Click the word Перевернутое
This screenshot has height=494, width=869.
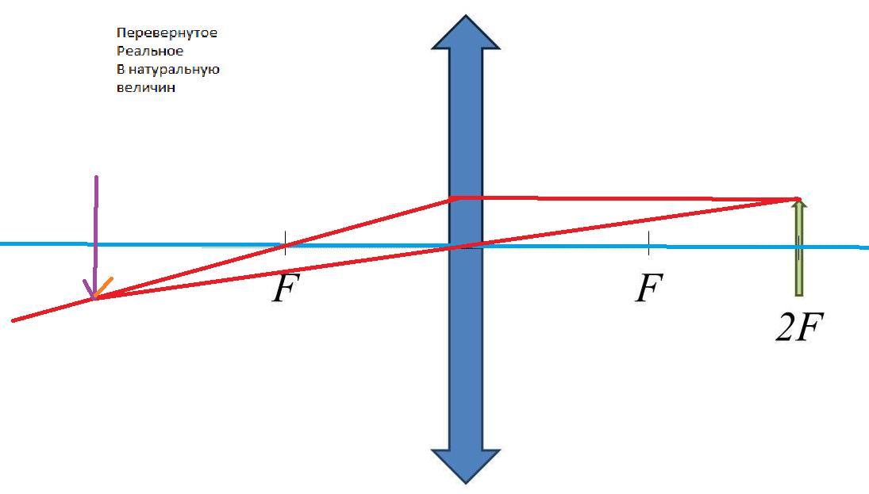point(166,33)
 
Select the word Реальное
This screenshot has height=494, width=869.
point(149,52)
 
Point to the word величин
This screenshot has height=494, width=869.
point(145,88)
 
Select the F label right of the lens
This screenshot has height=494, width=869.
point(648,289)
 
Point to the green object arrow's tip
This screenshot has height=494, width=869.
point(798,204)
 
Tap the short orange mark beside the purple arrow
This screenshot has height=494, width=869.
point(105,285)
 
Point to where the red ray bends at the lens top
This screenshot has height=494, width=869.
point(452,197)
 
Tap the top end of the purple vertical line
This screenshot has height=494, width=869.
point(97,178)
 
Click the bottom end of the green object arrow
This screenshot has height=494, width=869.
point(798,293)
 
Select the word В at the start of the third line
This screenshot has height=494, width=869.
point(120,70)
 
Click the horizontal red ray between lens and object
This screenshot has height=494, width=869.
point(627,198)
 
